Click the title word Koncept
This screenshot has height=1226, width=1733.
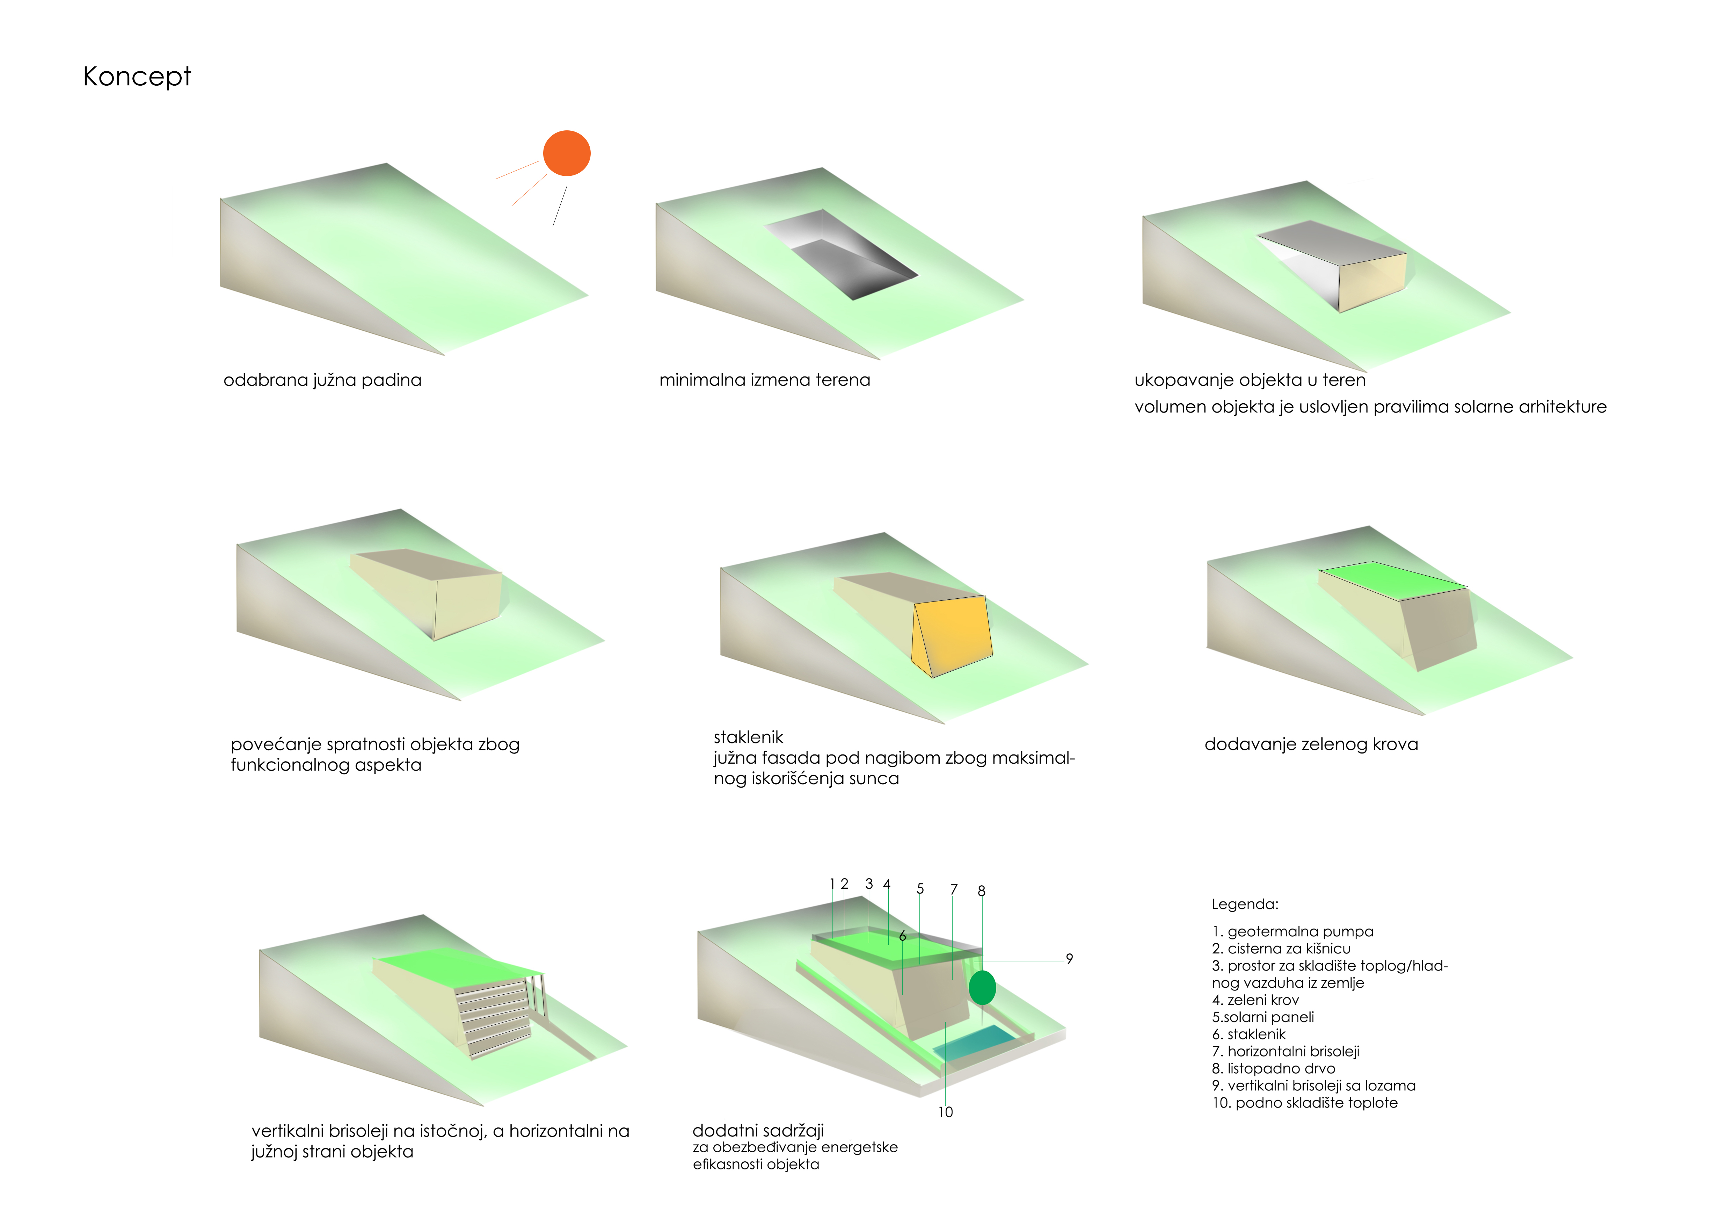pos(137,76)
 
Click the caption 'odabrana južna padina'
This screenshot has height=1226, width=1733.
pos(322,380)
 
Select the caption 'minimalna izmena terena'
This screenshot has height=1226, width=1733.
pos(765,380)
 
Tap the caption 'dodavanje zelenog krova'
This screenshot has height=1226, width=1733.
pos(1311,744)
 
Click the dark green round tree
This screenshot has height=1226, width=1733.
pos(982,987)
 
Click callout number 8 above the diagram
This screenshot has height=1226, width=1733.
pos(981,891)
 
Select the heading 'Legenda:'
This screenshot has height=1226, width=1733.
pos(1245,904)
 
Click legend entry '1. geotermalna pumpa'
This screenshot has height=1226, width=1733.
pos(1292,932)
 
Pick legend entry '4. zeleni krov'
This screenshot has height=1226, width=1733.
pos(1255,1000)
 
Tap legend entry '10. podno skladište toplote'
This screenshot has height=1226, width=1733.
pos(1304,1103)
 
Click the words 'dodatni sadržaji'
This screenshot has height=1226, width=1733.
pos(758,1130)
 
